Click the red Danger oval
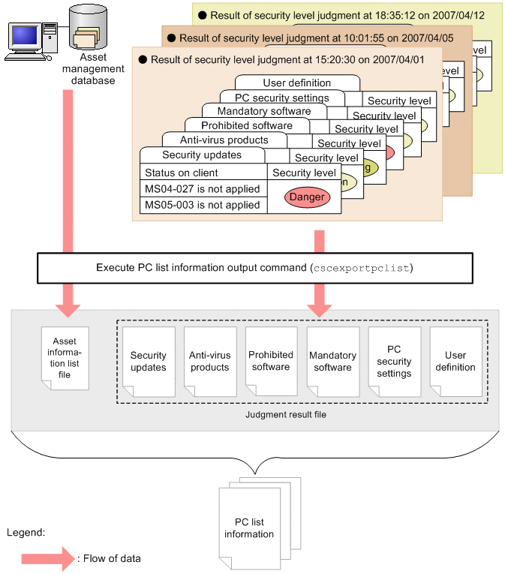coord(307,197)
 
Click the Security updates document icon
coord(149,362)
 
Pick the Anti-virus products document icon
coord(209,362)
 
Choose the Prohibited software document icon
coord(271,361)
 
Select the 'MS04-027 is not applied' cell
coord(203,189)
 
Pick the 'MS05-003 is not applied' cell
coord(203,205)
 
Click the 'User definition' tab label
coord(296,83)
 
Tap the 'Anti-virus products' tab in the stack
coord(224,140)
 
